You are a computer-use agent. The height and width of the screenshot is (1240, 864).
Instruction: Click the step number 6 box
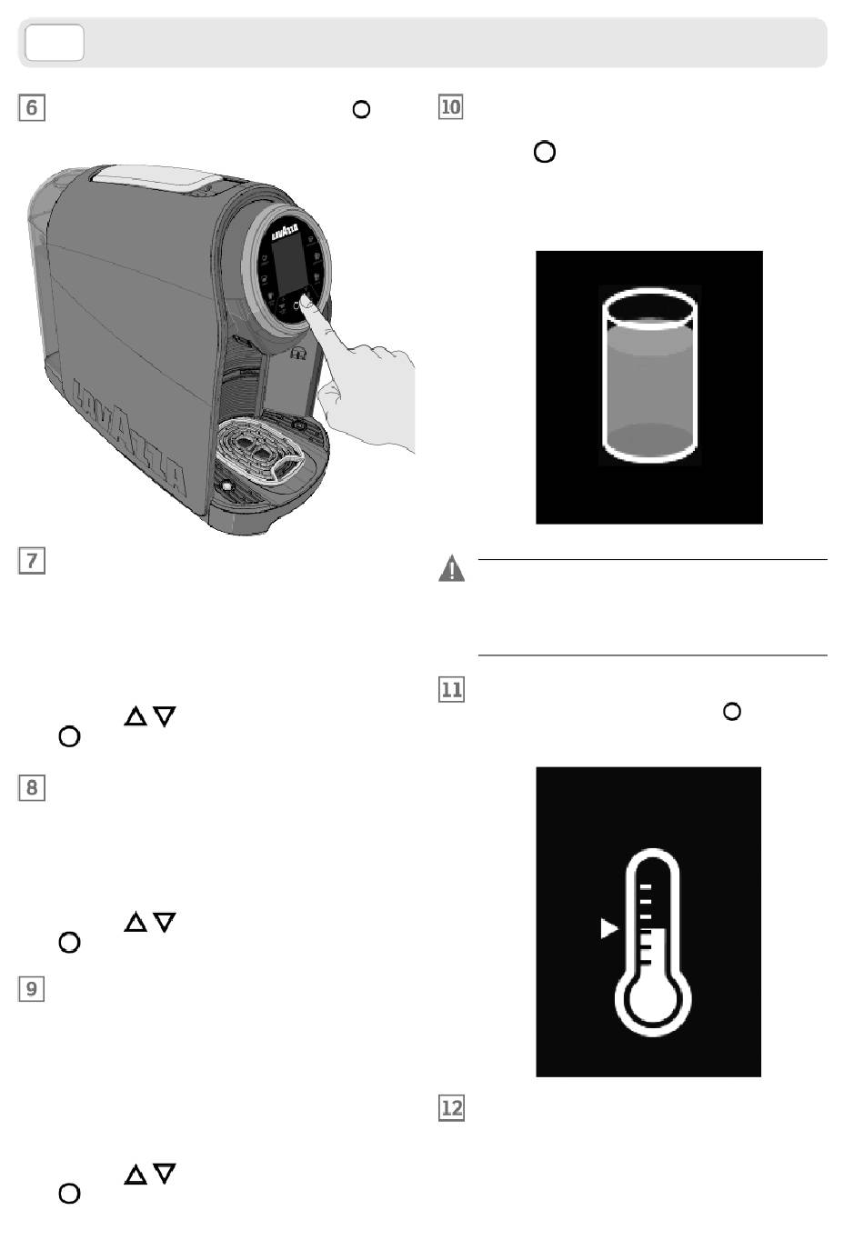click(32, 108)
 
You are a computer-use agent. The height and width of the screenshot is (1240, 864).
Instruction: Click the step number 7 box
click(32, 561)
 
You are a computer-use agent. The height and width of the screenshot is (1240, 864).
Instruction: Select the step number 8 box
click(32, 788)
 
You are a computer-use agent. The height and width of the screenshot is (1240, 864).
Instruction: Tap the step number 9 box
click(32, 989)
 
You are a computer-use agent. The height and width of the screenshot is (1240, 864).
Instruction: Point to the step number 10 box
click(451, 107)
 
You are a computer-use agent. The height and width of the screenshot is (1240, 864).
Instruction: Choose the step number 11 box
click(451, 690)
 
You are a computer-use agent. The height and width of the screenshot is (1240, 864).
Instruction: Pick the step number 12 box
click(451, 1108)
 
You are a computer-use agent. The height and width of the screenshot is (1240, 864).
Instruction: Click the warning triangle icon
click(451, 568)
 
